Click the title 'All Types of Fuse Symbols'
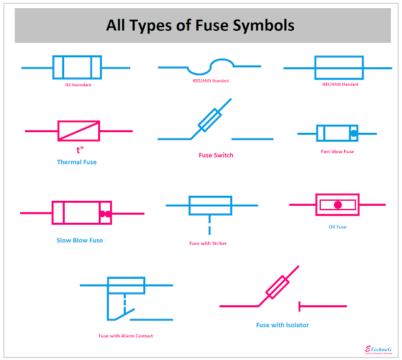(x=200, y=26)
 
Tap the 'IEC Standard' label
(x=78, y=84)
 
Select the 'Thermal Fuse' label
(x=77, y=162)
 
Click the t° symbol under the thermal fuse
(x=80, y=150)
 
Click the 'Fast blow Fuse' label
(x=337, y=151)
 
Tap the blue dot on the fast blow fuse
(x=354, y=133)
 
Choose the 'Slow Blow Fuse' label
(x=80, y=240)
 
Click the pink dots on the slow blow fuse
(x=105, y=214)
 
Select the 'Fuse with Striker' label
(x=208, y=243)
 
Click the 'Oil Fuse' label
(x=337, y=227)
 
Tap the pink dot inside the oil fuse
(x=338, y=205)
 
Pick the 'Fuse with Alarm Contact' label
(x=126, y=335)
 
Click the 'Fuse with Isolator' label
(x=282, y=325)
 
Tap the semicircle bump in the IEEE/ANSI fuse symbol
(x=221, y=64)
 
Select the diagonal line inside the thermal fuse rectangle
(x=79, y=131)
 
